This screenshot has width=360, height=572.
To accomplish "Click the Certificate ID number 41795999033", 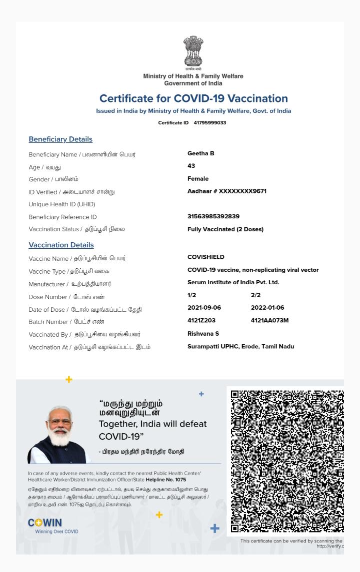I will click(x=210, y=123).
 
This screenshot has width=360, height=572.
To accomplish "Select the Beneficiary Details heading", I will click(x=60, y=139).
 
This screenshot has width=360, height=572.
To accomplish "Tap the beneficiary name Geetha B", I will click(x=201, y=153).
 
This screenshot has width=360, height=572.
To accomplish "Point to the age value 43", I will click(x=191, y=166).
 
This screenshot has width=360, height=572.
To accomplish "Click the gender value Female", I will click(x=198, y=179).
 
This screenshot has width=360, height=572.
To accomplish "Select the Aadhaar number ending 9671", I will click(x=227, y=191).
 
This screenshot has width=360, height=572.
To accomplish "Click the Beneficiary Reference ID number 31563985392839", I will click(x=213, y=216).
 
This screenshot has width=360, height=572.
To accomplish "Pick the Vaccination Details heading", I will click(x=61, y=245).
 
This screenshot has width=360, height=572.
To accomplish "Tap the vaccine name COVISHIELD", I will click(x=206, y=257).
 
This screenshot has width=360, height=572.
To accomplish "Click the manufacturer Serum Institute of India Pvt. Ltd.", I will click(x=233, y=282).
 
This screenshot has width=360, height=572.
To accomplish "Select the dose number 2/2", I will click(x=255, y=295).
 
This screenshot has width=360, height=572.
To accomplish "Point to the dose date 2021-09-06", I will click(x=204, y=308).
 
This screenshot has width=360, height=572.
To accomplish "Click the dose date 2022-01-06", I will click(x=267, y=308).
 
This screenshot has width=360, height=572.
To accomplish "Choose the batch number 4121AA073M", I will click(x=269, y=320).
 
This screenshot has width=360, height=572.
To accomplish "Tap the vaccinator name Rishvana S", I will click(x=203, y=334).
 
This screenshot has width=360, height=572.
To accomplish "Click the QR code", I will click(x=287, y=461).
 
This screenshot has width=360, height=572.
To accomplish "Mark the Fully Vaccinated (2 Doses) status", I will click(x=225, y=229).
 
